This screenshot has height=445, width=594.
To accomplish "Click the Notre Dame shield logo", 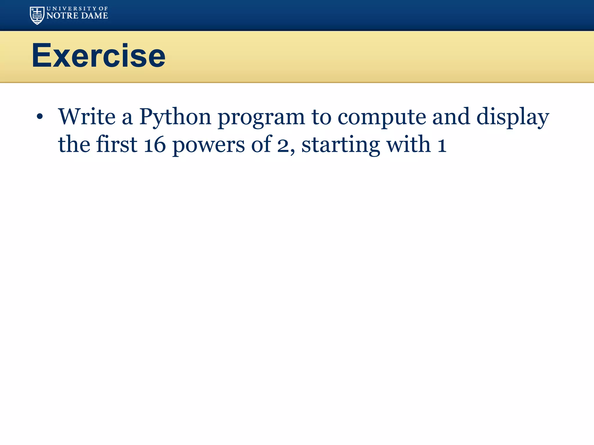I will coord(37,15).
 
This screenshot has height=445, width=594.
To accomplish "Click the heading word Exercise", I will coord(99,56).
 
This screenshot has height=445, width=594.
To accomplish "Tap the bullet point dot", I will coord(40,117).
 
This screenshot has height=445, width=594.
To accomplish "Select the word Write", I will coord(87,117).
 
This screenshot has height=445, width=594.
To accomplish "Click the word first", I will coord(117,144).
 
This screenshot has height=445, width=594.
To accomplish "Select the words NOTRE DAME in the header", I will coord(77,16).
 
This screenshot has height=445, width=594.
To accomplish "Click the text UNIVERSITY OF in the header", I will coord(77,9).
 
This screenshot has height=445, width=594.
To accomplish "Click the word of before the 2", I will coord(261,144).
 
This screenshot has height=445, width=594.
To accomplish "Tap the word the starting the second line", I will coord(74,144).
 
